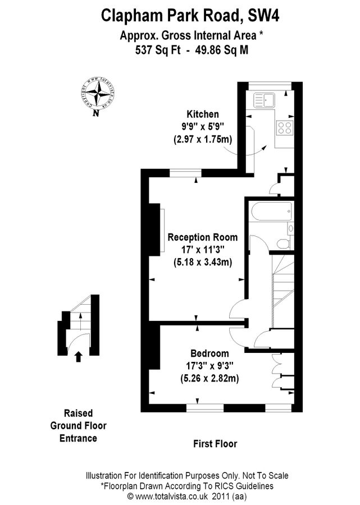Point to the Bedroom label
pyautogui.click(x=209, y=353)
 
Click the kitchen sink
pyautogui.click(x=263, y=100)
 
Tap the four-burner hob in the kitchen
pyautogui.click(x=285, y=127)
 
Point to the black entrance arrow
pyautogui.click(x=78, y=355)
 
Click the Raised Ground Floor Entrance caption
pyautogui.click(x=78, y=426)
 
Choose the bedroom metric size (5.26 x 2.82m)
pyautogui.click(x=209, y=379)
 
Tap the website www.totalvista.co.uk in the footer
pyautogui.click(x=168, y=496)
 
